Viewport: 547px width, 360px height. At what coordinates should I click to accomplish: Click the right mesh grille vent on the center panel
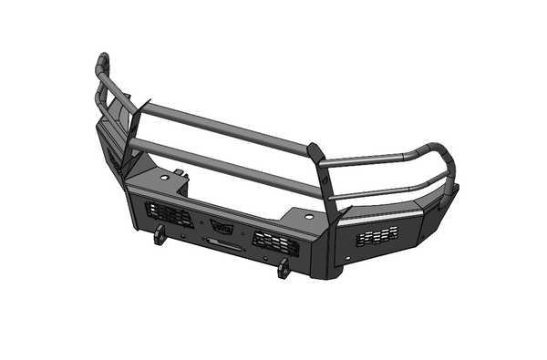coord(275,242)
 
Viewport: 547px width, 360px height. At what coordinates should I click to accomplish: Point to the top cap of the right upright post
coord(315,148)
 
